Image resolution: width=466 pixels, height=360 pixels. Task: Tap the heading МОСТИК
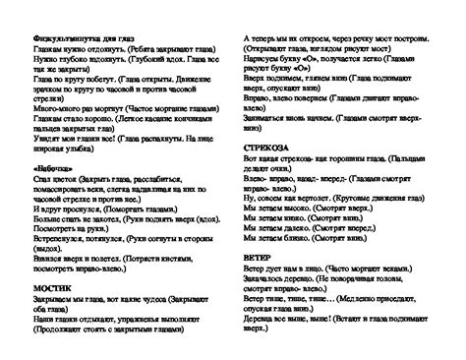(41, 286)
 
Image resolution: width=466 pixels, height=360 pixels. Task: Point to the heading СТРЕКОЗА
(262, 145)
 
